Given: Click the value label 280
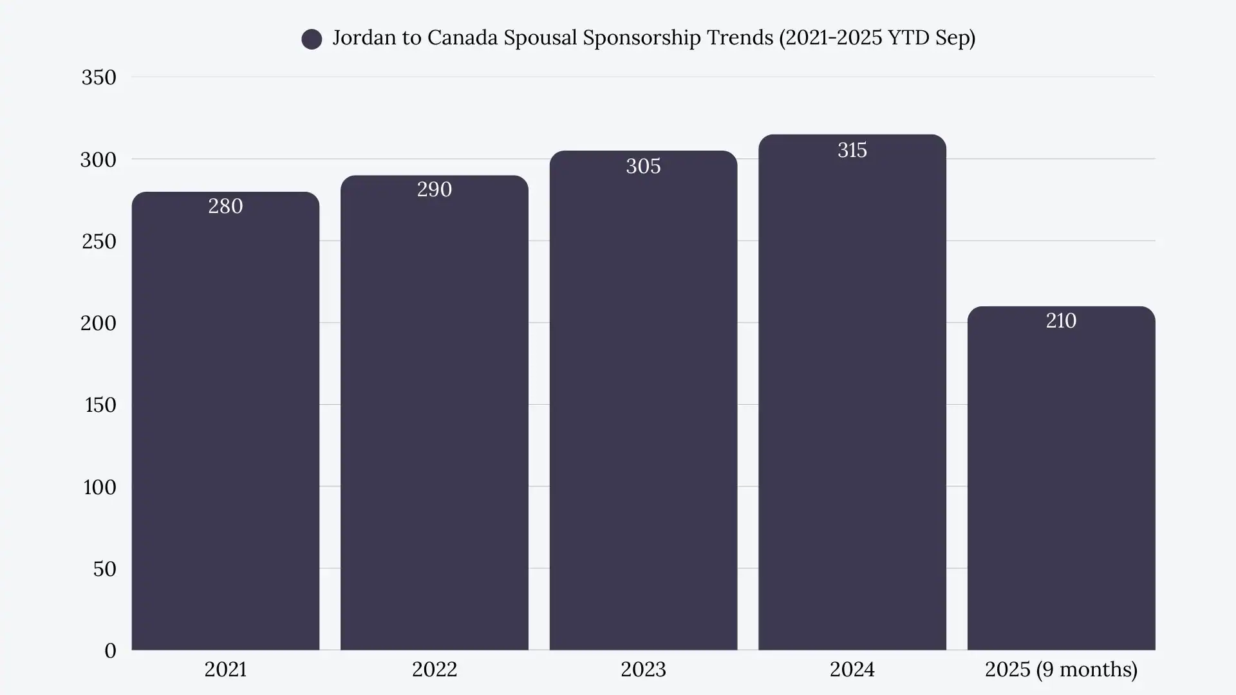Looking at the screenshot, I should point(225,206).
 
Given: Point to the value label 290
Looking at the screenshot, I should point(435,189).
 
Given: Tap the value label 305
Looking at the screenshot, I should point(643,166).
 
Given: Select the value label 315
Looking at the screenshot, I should point(852,150).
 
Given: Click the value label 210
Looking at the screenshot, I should point(1061,320).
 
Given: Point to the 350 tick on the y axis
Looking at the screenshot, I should point(98,77).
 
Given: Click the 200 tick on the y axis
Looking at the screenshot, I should point(98,322).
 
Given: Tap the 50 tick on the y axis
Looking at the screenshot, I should point(104,569).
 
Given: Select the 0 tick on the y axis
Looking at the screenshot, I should point(110,651).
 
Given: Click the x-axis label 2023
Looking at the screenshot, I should point(643,669).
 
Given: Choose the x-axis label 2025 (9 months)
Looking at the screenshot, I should point(1061,669).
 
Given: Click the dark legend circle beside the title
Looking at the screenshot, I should point(312,39).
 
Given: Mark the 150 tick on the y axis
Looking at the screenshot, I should point(100,405).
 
